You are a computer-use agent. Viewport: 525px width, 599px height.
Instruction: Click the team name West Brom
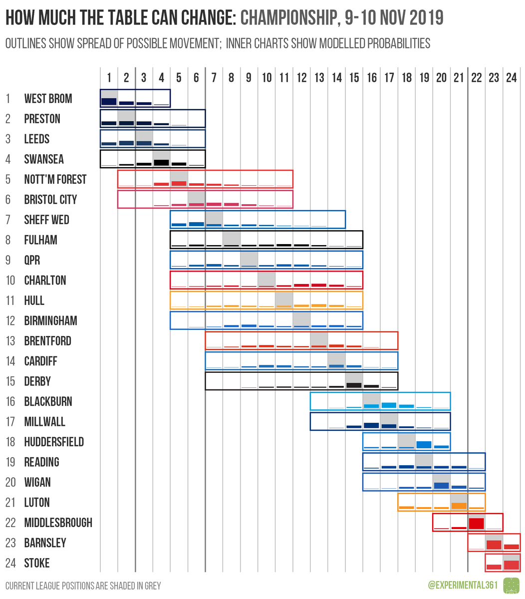48,99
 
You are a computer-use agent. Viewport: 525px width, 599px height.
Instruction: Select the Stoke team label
37,564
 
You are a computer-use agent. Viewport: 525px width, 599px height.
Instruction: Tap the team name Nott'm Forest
55,180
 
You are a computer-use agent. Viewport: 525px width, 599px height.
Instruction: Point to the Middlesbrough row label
58,523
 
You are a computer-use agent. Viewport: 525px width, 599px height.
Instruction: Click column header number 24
511,78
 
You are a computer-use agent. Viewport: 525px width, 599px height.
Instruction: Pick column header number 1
109,78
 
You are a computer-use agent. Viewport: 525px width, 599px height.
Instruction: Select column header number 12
301,78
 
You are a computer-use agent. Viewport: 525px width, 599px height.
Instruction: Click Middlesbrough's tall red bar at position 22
476,524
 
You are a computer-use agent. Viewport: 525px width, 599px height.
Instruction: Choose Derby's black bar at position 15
354,385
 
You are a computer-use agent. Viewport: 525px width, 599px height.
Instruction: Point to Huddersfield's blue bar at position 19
424,444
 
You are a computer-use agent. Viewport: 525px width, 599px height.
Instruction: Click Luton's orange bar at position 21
459,506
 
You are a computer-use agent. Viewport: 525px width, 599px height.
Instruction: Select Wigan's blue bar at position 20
441,485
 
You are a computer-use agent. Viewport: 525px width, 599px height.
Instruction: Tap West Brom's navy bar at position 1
109,101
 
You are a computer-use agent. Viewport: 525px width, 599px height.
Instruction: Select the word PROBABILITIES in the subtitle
398,43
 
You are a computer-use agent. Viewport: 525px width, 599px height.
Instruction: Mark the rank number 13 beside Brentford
10,341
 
